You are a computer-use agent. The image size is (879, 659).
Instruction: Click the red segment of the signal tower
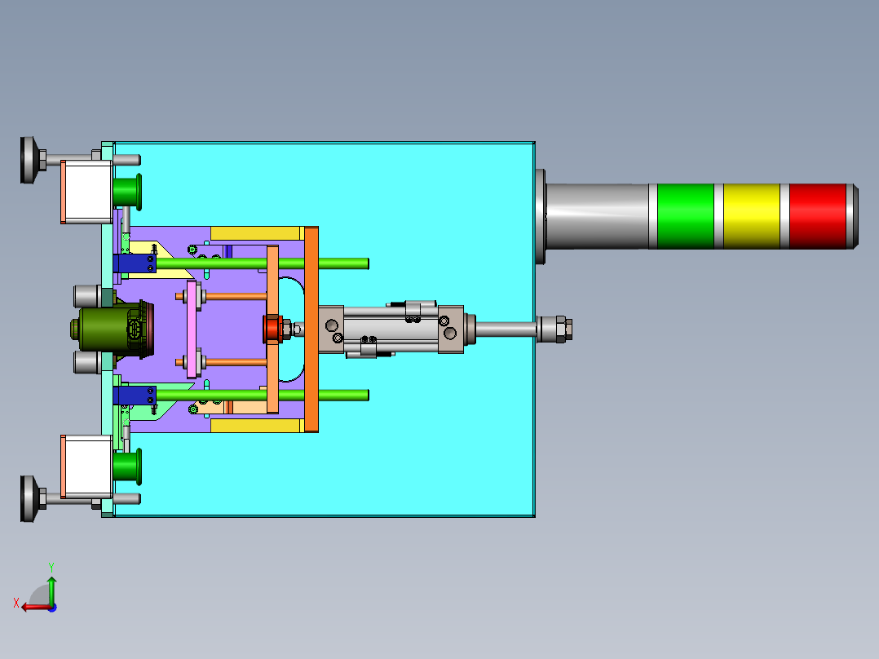[x=817, y=216]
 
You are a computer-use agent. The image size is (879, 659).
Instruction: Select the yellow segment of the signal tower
[x=751, y=216]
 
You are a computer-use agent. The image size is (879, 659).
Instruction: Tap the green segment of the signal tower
[x=685, y=216]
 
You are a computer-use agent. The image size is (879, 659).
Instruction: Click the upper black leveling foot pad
[x=28, y=160]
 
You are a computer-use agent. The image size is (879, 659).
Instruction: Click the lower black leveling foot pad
[x=28, y=498]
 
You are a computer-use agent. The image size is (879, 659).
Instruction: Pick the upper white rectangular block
[x=86, y=192]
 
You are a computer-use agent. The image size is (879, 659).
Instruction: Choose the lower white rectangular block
[x=86, y=467]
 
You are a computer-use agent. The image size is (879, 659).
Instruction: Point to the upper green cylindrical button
[x=127, y=192]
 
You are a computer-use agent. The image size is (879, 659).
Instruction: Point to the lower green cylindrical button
[x=127, y=467]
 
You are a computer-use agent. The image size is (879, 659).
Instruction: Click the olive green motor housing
[x=109, y=329]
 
